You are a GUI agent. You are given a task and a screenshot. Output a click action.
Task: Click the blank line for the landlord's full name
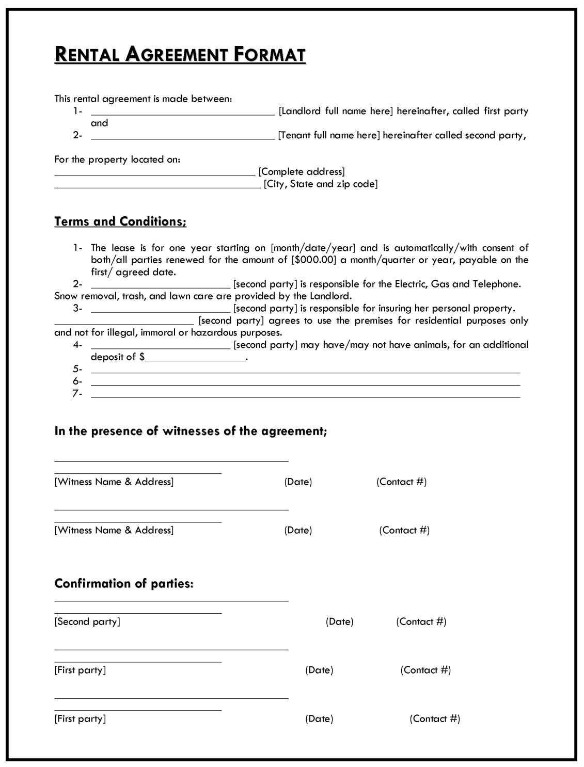pos(183,112)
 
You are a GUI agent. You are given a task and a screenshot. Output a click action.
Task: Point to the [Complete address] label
pos(302,172)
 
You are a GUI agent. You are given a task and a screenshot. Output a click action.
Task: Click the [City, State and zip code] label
pos(321,184)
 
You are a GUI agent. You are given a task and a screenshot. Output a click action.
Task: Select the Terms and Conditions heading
pos(120,221)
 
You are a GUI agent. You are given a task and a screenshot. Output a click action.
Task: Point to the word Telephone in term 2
pos(497,284)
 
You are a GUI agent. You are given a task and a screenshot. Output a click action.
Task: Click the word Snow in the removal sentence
pos(66,296)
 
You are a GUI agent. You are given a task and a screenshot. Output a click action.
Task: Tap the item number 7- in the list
pos(77,394)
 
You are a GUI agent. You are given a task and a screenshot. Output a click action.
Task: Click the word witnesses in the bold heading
pos(192,431)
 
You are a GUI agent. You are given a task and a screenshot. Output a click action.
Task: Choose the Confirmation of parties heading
pos(124,584)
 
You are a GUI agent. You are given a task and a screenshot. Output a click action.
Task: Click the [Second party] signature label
pos(87,622)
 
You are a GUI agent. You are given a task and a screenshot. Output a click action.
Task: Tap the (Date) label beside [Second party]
pos(339,622)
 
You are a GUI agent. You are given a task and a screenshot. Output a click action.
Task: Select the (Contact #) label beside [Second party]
pos(421,622)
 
